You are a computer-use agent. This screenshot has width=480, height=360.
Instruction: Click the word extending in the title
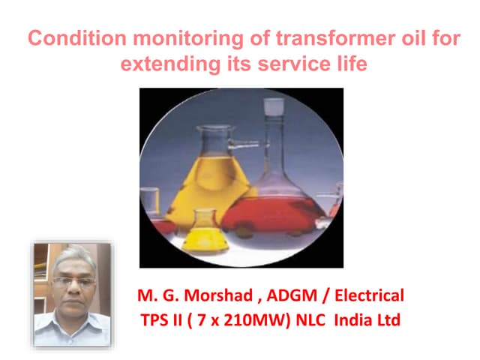coord(163,64)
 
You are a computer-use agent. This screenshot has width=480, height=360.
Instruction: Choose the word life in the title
coord(349,64)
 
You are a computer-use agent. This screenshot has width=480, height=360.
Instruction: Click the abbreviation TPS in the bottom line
coord(157,320)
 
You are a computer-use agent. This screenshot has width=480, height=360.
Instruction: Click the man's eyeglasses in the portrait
coord(72,281)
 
